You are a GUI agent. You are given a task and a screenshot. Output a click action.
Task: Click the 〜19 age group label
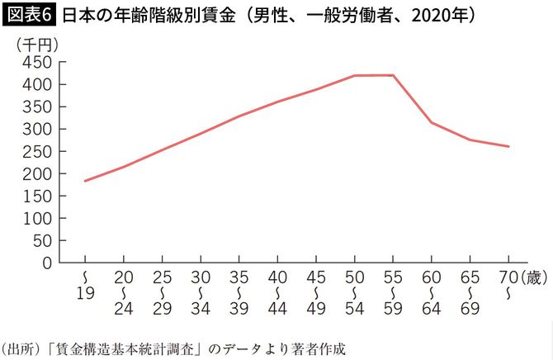point(85,284)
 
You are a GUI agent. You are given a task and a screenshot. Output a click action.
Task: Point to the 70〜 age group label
point(508,284)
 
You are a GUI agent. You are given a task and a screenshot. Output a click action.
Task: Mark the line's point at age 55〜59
point(393,75)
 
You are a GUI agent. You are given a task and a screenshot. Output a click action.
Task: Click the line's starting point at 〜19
point(85,181)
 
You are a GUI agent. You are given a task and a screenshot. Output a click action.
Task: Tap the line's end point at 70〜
point(508,146)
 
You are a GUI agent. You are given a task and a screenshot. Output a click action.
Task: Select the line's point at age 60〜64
point(431,122)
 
